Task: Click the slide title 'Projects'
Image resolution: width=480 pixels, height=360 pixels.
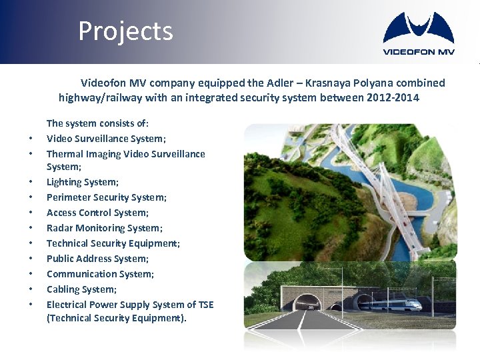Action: [125, 31]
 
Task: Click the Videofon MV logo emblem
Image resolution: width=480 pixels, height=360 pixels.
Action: [418, 28]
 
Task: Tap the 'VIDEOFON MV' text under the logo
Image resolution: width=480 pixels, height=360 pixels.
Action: [418, 52]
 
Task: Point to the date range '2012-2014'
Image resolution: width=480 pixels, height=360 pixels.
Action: [393, 98]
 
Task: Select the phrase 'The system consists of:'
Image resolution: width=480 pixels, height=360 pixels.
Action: [98, 123]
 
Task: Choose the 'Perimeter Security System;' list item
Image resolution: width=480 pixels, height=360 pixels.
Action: [107, 197]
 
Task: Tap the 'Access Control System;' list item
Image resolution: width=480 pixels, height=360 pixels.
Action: [97, 213]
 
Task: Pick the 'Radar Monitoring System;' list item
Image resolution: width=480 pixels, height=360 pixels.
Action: [105, 228]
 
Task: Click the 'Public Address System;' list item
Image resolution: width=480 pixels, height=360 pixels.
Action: [97, 259]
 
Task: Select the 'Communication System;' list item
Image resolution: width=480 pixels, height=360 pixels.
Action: [100, 274]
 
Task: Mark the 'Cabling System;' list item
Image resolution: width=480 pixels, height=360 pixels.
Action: [81, 289]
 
